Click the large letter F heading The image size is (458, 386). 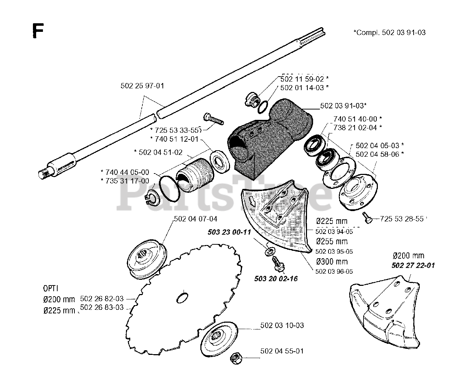[x=38, y=31]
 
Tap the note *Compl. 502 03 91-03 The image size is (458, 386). [x=389, y=33]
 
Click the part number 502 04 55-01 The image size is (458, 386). [x=282, y=351]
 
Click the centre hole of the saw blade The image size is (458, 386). [x=182, y=297]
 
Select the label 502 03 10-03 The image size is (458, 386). [x=282, y=325]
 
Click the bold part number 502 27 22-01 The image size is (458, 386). [x=413, y=265]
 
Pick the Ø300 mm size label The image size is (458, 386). [x=332, y=262]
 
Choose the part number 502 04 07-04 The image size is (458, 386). [x=195, y=219]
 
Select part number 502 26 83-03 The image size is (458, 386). [x=102, y=307]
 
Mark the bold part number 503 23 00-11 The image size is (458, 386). [x=230, y=232]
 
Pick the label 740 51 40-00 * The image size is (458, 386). [x=358, y=119]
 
